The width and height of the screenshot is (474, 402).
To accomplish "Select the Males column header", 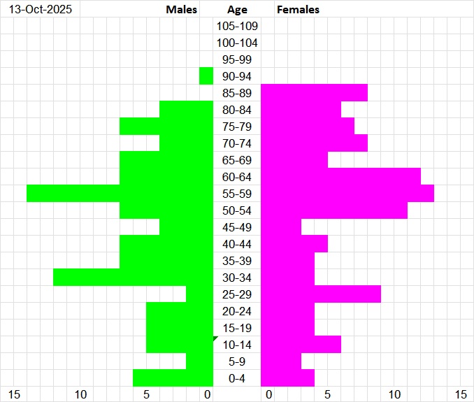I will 182,10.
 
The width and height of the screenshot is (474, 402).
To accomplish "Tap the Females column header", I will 299,10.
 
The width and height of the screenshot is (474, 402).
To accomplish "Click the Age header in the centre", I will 237,10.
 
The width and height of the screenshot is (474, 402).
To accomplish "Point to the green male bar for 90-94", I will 206,76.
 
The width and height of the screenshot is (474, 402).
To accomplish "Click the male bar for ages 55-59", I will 119,194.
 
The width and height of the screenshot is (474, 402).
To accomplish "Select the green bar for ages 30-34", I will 133,278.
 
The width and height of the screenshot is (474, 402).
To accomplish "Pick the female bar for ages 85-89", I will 314,93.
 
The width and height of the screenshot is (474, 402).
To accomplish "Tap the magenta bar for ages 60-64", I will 340,177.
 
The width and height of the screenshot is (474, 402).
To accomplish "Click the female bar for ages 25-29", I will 321,294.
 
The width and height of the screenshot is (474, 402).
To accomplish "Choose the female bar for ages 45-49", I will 281,227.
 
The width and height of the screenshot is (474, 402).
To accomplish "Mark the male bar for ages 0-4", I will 173,378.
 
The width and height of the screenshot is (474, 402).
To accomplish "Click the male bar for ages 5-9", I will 199,361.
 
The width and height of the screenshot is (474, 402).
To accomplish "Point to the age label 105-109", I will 237,27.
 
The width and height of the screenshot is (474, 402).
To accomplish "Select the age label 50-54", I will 237,211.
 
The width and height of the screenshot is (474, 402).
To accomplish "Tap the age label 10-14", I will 237,345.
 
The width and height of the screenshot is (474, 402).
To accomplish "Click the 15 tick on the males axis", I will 15,395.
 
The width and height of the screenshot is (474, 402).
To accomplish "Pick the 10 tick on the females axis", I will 395,395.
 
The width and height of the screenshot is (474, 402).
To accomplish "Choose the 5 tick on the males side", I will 147,395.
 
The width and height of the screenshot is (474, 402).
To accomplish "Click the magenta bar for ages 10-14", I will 301,345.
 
